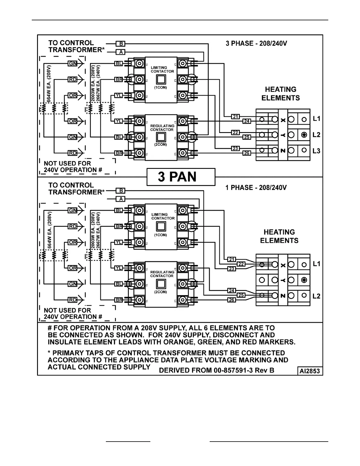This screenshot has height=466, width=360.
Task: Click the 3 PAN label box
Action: coord(181,177)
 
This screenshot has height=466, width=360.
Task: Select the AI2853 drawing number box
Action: coord(309,371)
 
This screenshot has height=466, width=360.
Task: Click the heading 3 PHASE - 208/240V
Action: coord(256,44)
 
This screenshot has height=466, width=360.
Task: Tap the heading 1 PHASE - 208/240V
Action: coord(256,188)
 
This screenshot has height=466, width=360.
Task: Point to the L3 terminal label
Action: coord(316,151)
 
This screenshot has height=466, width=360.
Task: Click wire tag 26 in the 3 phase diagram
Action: coord(246,153)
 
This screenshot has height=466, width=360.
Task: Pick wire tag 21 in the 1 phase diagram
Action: coord(232,259)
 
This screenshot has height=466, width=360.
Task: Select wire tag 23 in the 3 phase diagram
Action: coord(235,149)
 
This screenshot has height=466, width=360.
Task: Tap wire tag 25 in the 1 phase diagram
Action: coord(241,295)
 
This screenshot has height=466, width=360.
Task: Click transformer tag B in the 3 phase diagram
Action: coord(121,44)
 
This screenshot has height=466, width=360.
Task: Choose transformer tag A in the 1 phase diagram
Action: coord(121,199)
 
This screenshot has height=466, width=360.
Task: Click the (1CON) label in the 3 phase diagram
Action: coord(161,88)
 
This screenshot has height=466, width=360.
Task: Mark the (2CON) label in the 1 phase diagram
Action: coord(161,292)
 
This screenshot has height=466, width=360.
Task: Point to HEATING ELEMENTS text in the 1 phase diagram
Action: coord(279,236)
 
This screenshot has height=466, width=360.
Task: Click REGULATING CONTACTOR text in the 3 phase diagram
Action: coord(162,128)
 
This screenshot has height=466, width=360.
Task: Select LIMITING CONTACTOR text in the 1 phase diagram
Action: coord(163,216)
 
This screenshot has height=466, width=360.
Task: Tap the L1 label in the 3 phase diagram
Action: coord(316,119)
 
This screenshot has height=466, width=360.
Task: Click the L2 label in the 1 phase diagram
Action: coord(316,296)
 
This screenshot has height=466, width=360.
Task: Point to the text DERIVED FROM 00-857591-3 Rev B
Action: coord(216,370)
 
